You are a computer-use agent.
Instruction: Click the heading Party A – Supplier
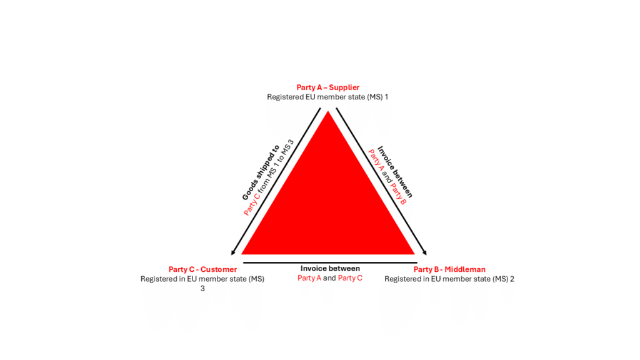pyautogui.click(x=327, y=87)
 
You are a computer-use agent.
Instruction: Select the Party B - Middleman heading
pyautogui.click(x=449, y=269)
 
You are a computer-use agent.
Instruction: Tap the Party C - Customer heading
pyautogui.click(x=202, y=269)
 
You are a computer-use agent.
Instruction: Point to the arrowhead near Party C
pyautogui.click(x=233, y=252)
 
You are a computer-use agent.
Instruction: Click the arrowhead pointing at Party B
pyautogui.click(x=424, y=252)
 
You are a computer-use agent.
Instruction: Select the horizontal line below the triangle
pyautogui.click(x=330, y=263)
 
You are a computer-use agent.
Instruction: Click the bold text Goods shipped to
pyautogui.click(x=261, y=172)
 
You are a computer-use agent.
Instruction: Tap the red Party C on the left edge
pyautogui.click(x=251, y=204)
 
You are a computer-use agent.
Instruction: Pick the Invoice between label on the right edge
pyautogui.click(x=395, y=172)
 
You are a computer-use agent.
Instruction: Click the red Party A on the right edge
pyautogui.click(x=376, y=161)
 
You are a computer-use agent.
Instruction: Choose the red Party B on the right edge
pyautogui.click(x=398, y=194)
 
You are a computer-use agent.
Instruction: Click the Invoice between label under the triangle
pyautogui.click(x=330, y=269)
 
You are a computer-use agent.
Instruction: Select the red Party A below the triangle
pyautogui.click(x=309, y=278)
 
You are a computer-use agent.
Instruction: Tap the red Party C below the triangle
pyautogui.click(x=350, y=278)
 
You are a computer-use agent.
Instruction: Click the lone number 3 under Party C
pyautogui.click(x=202, y=289)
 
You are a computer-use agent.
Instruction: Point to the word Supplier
pyautogui.click(x=344, y=87)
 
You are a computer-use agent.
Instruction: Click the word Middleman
pyautogui.click(x=465, y=269)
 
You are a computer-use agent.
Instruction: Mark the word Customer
pyautogui.click(x=219, y=269)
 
